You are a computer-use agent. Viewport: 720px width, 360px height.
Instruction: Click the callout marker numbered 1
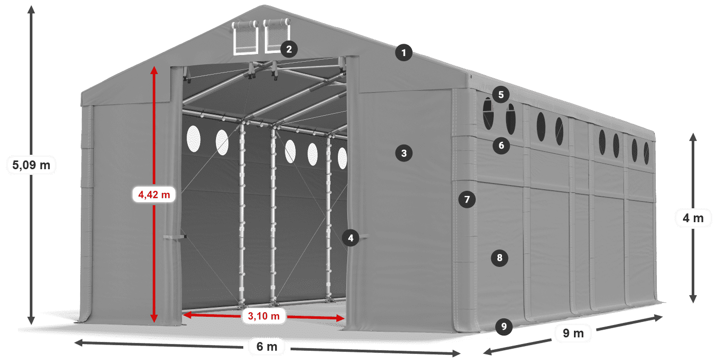[404, 52]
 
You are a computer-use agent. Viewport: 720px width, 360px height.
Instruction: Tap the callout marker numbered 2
[289, 49]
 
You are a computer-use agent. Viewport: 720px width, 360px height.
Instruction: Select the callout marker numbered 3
[404, 153]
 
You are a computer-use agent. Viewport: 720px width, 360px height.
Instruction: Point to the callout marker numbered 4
[350, 238]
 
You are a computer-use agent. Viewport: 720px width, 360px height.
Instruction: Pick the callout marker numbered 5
[500, 95]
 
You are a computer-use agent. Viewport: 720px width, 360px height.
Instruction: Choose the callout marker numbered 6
[501, 146]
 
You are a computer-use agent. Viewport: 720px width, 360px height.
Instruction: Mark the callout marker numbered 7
[466, 200]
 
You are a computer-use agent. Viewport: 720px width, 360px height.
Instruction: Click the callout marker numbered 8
[499, 257]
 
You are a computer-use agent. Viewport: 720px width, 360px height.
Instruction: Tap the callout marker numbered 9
[504, 326]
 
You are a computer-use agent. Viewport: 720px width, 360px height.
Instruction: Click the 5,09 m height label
[31, 165]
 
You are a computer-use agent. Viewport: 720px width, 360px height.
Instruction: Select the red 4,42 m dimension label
[154, 194]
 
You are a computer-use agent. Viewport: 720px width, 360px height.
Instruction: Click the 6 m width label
[266, 347]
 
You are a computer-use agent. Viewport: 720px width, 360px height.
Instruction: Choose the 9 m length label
[573, 334]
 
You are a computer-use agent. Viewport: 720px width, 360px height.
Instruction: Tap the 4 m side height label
[693, 218]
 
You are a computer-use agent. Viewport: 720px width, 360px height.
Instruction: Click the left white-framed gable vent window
[245, 38]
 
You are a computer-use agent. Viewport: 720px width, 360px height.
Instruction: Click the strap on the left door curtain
[175, 237]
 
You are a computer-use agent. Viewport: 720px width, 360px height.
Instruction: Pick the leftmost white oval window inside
[193, 139]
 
